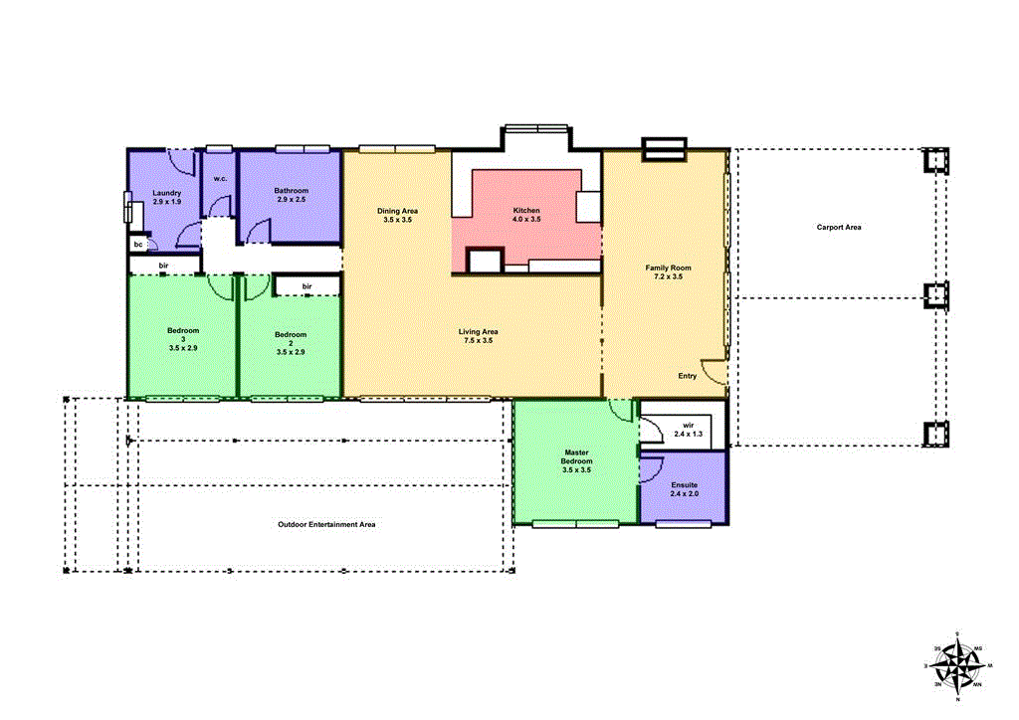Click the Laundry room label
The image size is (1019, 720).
pyautogui.click(x=166, y=197)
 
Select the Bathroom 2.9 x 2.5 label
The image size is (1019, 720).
pyautogui.click(x=292, y=195)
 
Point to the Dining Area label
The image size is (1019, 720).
pyautogui.click(x=397, y=215)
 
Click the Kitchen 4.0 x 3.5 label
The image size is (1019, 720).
pyautogui.click(x=526, y=215)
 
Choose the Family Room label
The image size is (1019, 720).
pyautogui.click(x=668, y=271)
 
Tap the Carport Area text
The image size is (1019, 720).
pyautogui.click(x=839, y=228)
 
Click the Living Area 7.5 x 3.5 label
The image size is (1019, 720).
pyautogui.click(x=478, y=336)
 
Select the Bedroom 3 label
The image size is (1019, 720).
pyautogui.click(x=183, y=339)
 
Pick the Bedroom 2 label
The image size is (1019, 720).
pyautogui.click(x=291, y=343)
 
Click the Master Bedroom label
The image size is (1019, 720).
pyautogui.click(x=577, y=460)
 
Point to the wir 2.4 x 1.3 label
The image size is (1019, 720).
pyautogui.click(x=687, y=429)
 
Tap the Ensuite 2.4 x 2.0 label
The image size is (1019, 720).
pyautogui.click(x=685, y=488)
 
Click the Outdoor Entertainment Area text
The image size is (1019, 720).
pyautogui.click(x=325, y=524)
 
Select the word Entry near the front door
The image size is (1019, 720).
pyautogui.click(x=688, y=376)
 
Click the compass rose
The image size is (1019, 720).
pyautogui.click(x=955, y=666)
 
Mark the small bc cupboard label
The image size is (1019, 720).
pyautogui.click(x=138, y=244)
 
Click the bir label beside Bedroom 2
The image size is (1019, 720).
pyautogui.click(x=307, y=286)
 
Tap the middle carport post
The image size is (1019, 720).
pyautogui.click(x=935, y=296)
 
